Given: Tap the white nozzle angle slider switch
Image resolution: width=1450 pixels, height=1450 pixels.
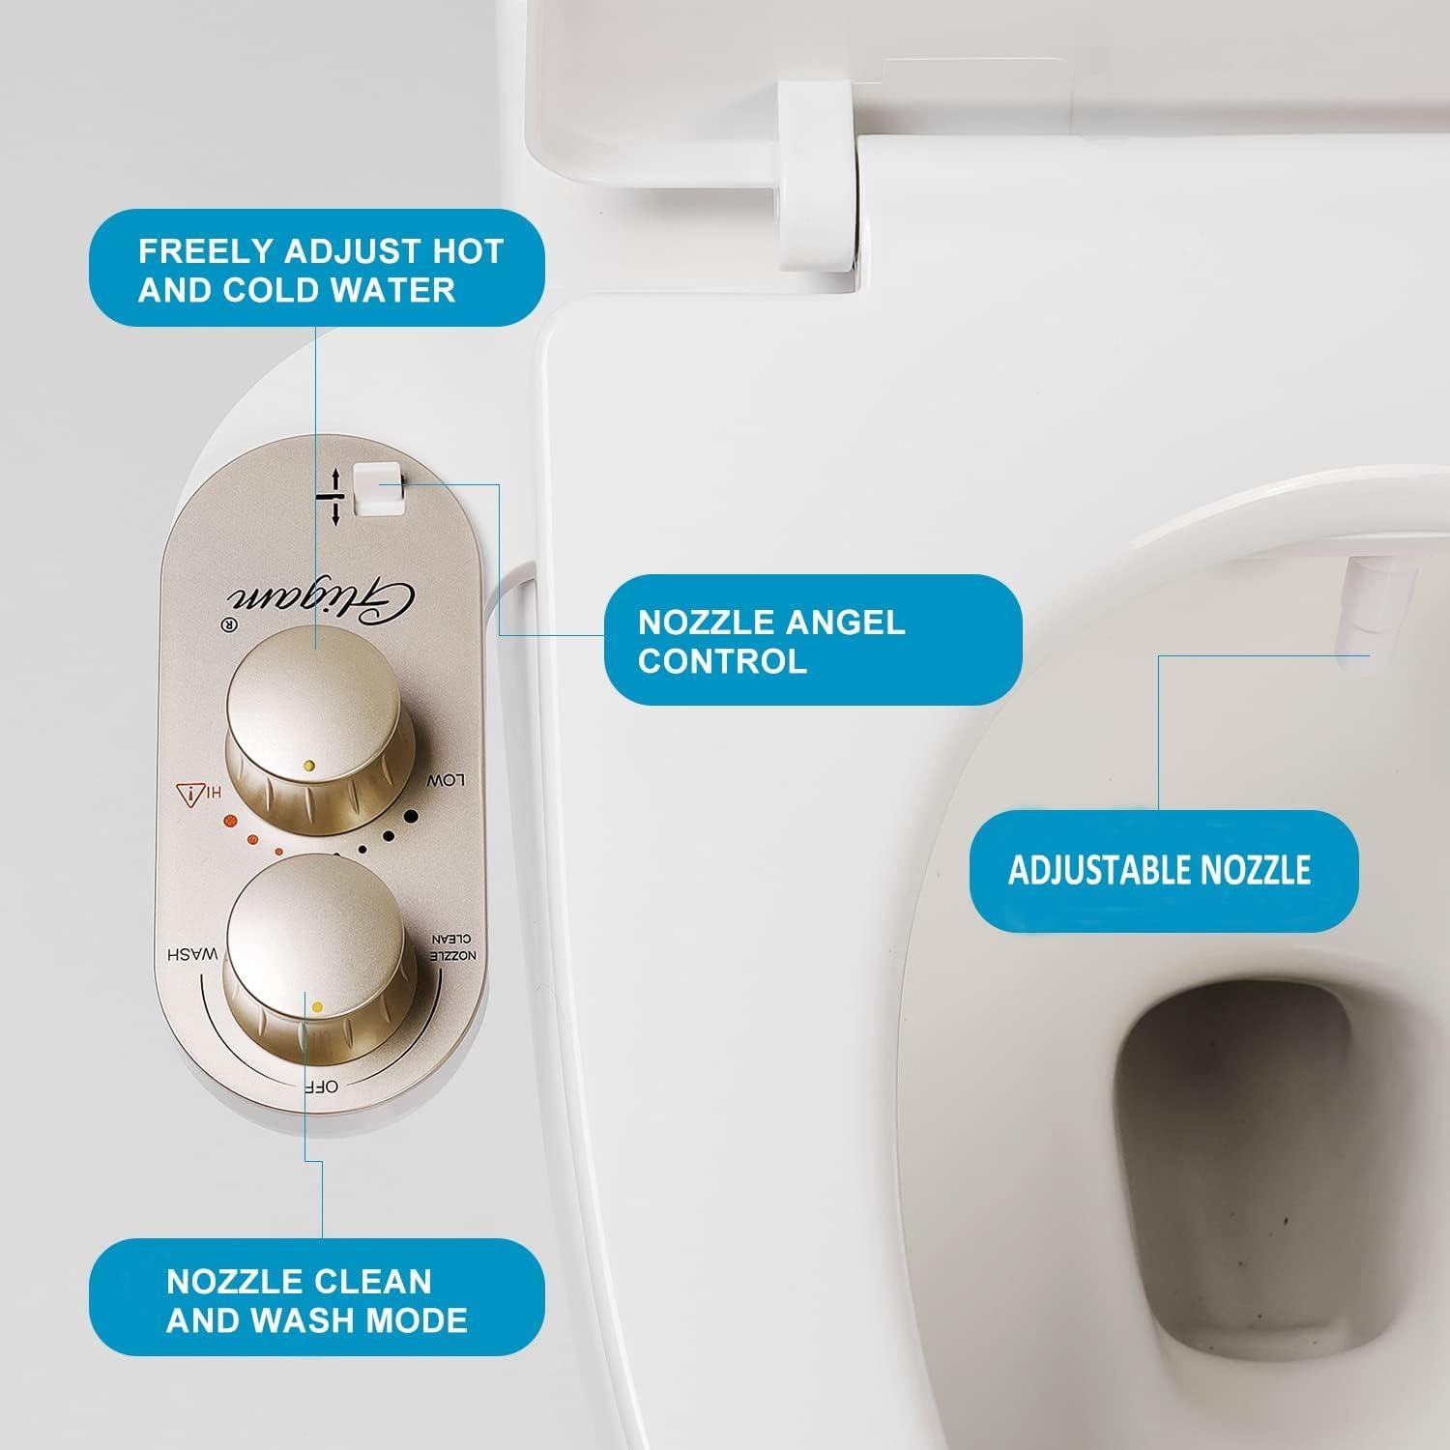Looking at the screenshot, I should point(377,488).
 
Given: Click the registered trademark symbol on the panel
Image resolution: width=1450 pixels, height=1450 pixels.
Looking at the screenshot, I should point(230,623).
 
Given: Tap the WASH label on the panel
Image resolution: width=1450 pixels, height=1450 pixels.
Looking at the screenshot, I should point(192,955).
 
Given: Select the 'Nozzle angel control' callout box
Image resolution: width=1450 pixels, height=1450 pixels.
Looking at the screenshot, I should point(812,640).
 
